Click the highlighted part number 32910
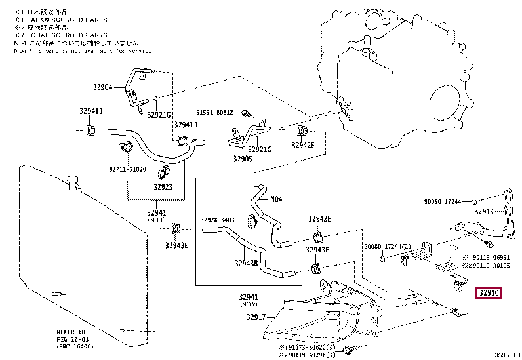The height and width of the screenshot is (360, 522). [x=490, y=293]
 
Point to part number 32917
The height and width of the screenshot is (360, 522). [x=256, y=317]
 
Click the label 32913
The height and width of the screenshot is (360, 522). [x=484, y=212]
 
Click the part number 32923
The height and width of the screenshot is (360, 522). [x=163, y=186]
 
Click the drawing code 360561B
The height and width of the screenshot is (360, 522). [x=506, y=355]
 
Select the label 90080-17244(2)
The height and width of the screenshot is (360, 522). [x=387, y=246]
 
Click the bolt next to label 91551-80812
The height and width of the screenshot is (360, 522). [x=254, y=113]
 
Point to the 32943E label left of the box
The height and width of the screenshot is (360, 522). [x=176, y=245]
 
